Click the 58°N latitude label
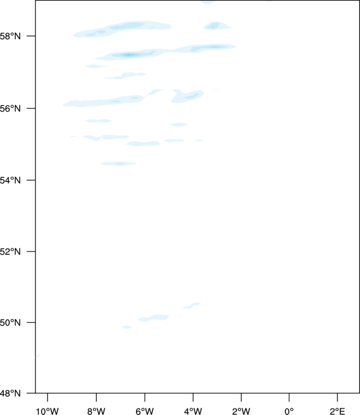(x=10, y=36)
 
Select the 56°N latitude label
(x=10, y=108)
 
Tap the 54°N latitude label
(x=10, y=180)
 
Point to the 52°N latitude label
(x=10, y=251)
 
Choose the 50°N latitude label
(x=10, y=323)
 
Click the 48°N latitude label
(x=10, y=393)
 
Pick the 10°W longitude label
(x=47, y=411)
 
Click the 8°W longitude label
(x=96, y=411)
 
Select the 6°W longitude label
(x=145, y=411)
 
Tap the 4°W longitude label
(x=193, y=411)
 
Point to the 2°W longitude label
(x=241, y=411)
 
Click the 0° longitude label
(x=289, y=411)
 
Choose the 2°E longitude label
(x=337, y=411)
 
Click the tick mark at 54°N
(x=31, y=180)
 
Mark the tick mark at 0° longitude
(x=289, y=397)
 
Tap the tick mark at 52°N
(x=31, y=251)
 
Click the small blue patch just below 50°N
(x=127, y=327)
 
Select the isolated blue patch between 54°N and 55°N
(x=119, y=164)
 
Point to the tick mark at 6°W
(x=145, y=397)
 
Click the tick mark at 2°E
(x=337, y=397)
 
